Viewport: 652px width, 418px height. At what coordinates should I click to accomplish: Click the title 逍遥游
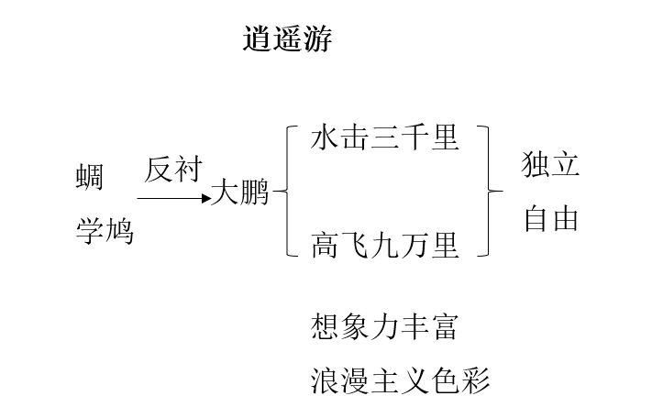(287, 39)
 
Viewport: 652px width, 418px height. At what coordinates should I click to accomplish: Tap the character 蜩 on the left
(89, 177)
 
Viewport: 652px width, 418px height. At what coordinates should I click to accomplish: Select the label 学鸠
(104, 231)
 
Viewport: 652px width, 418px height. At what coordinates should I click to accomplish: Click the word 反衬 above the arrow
(172, 170)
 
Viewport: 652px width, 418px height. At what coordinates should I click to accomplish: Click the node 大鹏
(239, 193)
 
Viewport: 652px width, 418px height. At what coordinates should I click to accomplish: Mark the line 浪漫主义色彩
(400, 379)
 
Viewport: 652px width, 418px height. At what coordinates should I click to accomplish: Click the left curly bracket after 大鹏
(285, 192)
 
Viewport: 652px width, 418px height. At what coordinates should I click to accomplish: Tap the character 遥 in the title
(287, 39)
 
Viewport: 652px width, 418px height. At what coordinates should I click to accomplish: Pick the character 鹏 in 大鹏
(254, 193)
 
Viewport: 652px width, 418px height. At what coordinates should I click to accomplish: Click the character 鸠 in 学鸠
(118, 231)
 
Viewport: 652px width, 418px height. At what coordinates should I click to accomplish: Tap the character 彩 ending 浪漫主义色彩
(475, 379)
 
